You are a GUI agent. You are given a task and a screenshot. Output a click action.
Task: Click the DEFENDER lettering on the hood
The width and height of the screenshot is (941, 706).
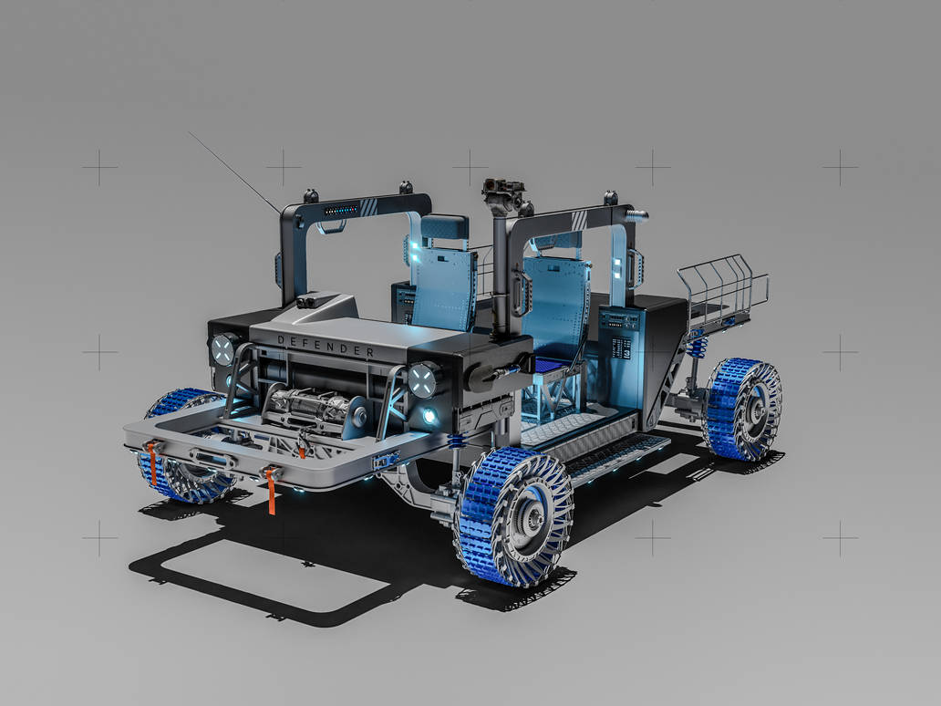click(325, 346)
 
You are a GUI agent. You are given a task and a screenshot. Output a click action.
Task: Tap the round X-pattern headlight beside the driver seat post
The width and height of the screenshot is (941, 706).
click(423, 379)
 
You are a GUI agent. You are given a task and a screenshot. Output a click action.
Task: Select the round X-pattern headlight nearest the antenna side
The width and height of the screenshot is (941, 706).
click(223, 348)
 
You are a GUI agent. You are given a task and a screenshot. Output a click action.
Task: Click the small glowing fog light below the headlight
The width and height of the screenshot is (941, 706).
click(429, 417)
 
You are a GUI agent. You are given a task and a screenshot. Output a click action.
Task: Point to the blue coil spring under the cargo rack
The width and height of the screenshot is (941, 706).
click(698, 347)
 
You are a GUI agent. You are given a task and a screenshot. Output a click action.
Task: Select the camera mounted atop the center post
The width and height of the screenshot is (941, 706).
click(503, 192)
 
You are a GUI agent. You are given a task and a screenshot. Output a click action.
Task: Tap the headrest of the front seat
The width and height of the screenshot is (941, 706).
click(444, 228)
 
